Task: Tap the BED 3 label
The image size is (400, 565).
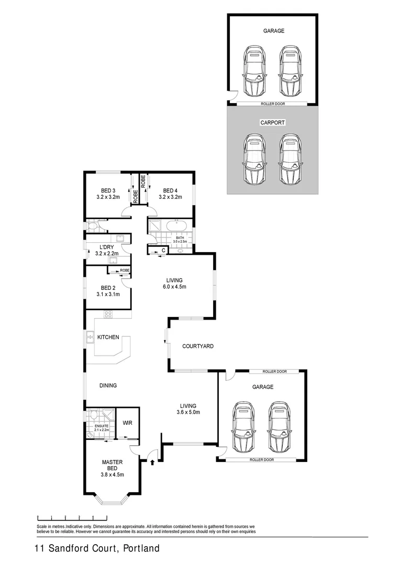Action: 108,190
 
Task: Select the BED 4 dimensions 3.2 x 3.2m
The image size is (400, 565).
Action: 170,197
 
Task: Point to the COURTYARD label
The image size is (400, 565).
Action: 198,346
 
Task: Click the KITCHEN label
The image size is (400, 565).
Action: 108,337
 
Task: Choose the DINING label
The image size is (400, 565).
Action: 108,386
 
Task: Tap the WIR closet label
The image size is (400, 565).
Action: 127,422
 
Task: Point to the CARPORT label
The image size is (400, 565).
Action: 272,122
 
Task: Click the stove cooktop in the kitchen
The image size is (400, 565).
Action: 108,314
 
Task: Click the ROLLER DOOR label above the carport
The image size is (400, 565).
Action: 273,104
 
